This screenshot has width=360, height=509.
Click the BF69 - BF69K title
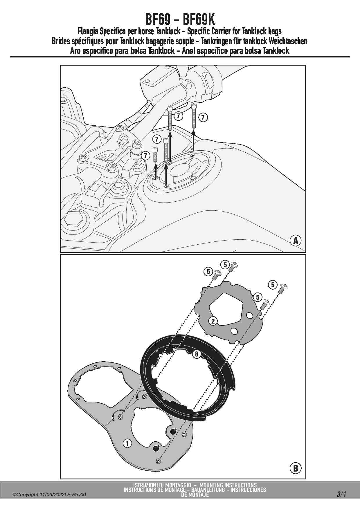click(180, 20)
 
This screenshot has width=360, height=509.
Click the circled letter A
click(296, 241)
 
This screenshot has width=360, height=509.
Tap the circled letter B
click(296, 468)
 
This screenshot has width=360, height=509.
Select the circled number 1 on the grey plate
click(127, 443)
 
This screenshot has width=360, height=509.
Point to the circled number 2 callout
click(213, 321)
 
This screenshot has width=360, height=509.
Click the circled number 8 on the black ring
click(197, 354)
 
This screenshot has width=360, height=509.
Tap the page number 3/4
click(341, 494)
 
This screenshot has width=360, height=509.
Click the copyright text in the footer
click(49, 495)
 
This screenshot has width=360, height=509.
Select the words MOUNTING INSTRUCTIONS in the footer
click(228, 485)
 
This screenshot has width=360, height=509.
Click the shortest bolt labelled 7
click(155, 155)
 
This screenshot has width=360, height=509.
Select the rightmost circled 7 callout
click(203, 118)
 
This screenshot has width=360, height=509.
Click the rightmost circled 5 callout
click(273, 285)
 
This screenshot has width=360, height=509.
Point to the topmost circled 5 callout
click(225, 265)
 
